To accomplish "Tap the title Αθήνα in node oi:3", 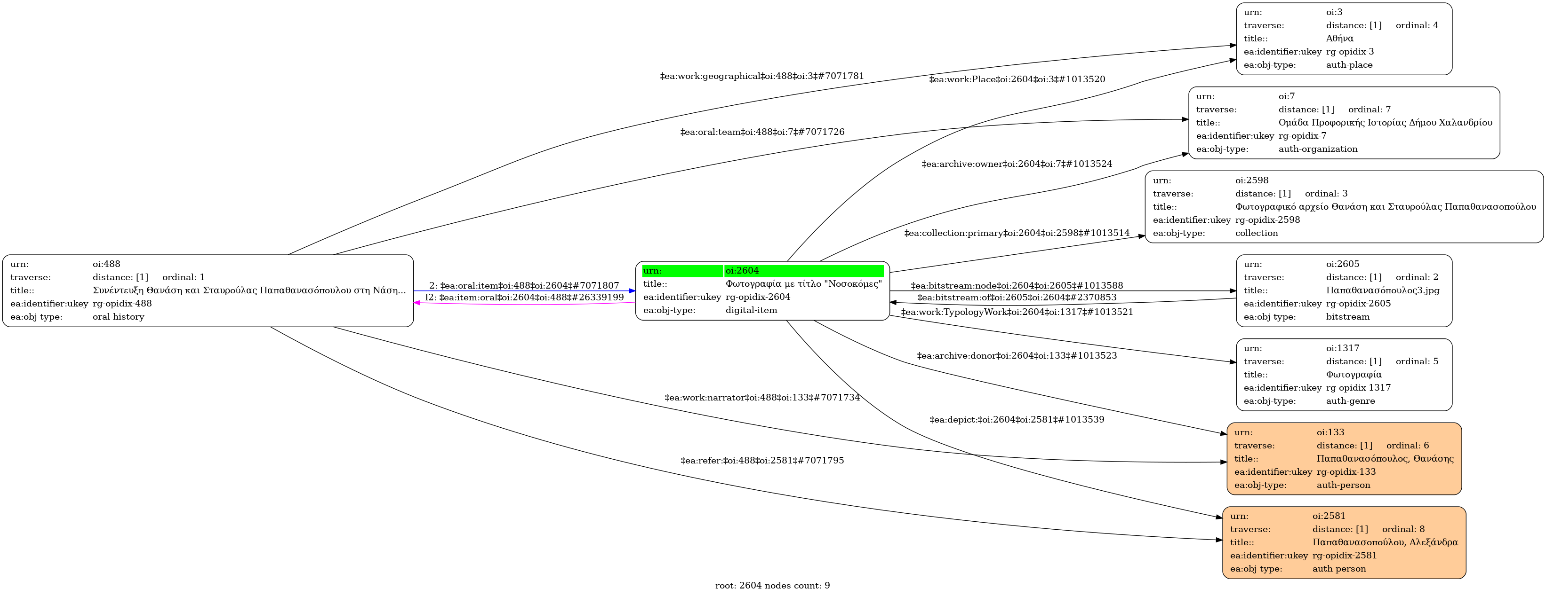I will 1339,39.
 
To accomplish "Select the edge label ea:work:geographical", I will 761,76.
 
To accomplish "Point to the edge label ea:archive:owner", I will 1017,164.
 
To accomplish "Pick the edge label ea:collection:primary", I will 1017,233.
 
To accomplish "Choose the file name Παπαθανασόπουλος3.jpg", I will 1382,290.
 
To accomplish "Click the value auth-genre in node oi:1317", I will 1350,400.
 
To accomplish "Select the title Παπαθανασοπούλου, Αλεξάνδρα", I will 1385,542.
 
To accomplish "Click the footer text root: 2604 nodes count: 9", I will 772,585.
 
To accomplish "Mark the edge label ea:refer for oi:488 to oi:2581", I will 761,461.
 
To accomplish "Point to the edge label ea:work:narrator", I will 761,398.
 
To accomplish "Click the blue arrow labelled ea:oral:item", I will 522,291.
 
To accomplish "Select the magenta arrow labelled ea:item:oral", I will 522,304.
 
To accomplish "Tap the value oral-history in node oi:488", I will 118,317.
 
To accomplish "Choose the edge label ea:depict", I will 1017,420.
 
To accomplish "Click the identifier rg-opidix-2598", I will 1267,220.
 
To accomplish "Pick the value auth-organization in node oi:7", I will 1317,149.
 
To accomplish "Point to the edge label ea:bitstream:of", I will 1017,298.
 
